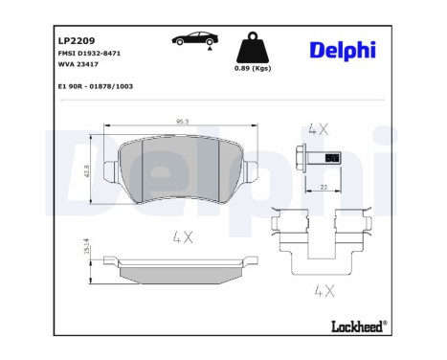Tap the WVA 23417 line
point(79,67)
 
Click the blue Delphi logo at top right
point(342,50)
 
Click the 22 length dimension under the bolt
point(325,188)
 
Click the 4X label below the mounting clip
point(323,289)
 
